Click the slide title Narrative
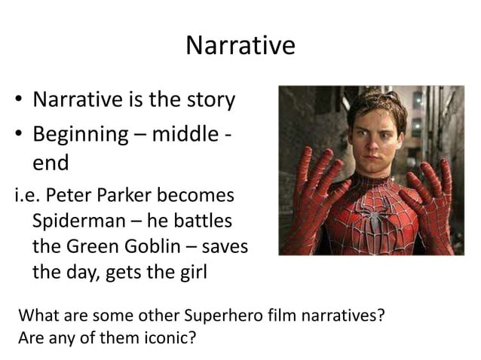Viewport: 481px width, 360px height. pyautogui.click(x=240, y=46)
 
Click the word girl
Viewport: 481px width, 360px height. pyautogui.click(x=189, y=272)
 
